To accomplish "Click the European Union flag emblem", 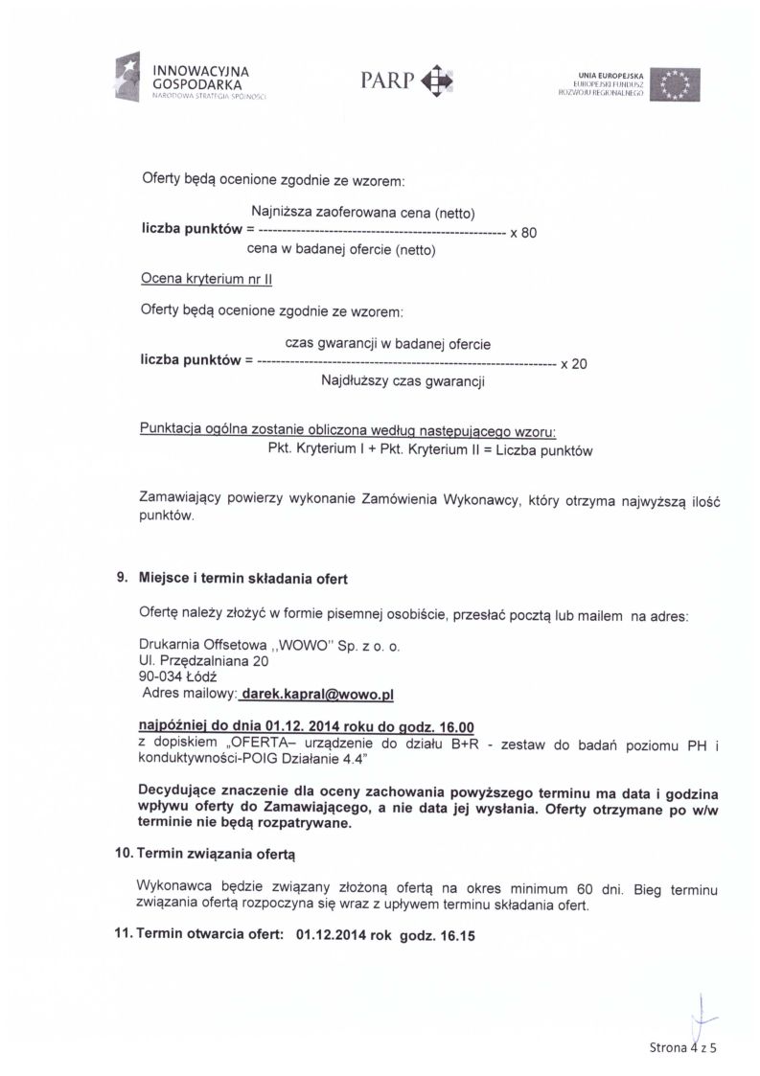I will [x=675, y=84].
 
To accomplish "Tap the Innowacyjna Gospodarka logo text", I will [x=200, y=79].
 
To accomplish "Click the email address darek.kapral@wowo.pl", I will [x=319, y=692].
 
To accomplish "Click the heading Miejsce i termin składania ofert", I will [x=243, y=580].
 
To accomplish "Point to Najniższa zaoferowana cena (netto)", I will [x=363, y=212].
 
